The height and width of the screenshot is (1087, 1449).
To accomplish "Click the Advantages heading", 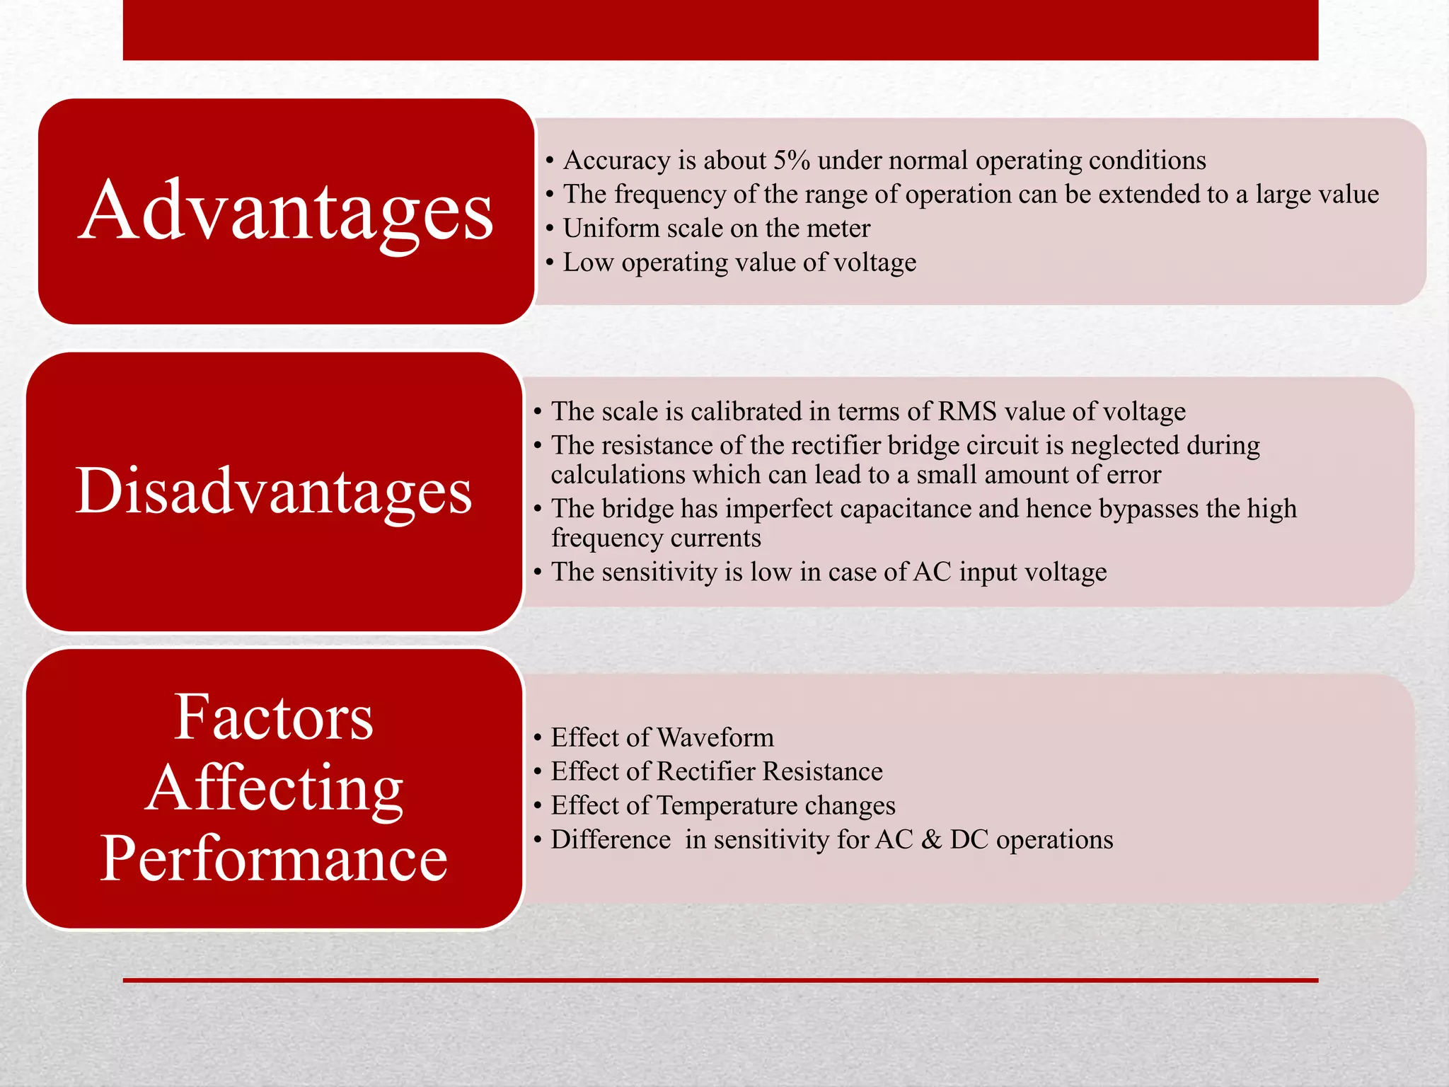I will point(285,211).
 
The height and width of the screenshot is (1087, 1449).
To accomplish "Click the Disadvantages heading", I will point(274,490).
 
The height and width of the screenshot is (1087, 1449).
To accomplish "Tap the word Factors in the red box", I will point(274,717).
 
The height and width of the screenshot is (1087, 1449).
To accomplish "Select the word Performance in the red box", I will point(274,858).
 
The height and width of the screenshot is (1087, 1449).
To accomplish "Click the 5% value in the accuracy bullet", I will point(791,161).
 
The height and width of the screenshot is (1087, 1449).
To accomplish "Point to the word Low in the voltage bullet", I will point(588,263).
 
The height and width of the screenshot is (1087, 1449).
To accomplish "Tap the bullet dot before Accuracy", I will point(550,161).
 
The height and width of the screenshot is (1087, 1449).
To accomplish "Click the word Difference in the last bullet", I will point(611,839).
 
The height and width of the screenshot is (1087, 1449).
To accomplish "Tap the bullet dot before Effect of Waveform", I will point(538,738).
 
